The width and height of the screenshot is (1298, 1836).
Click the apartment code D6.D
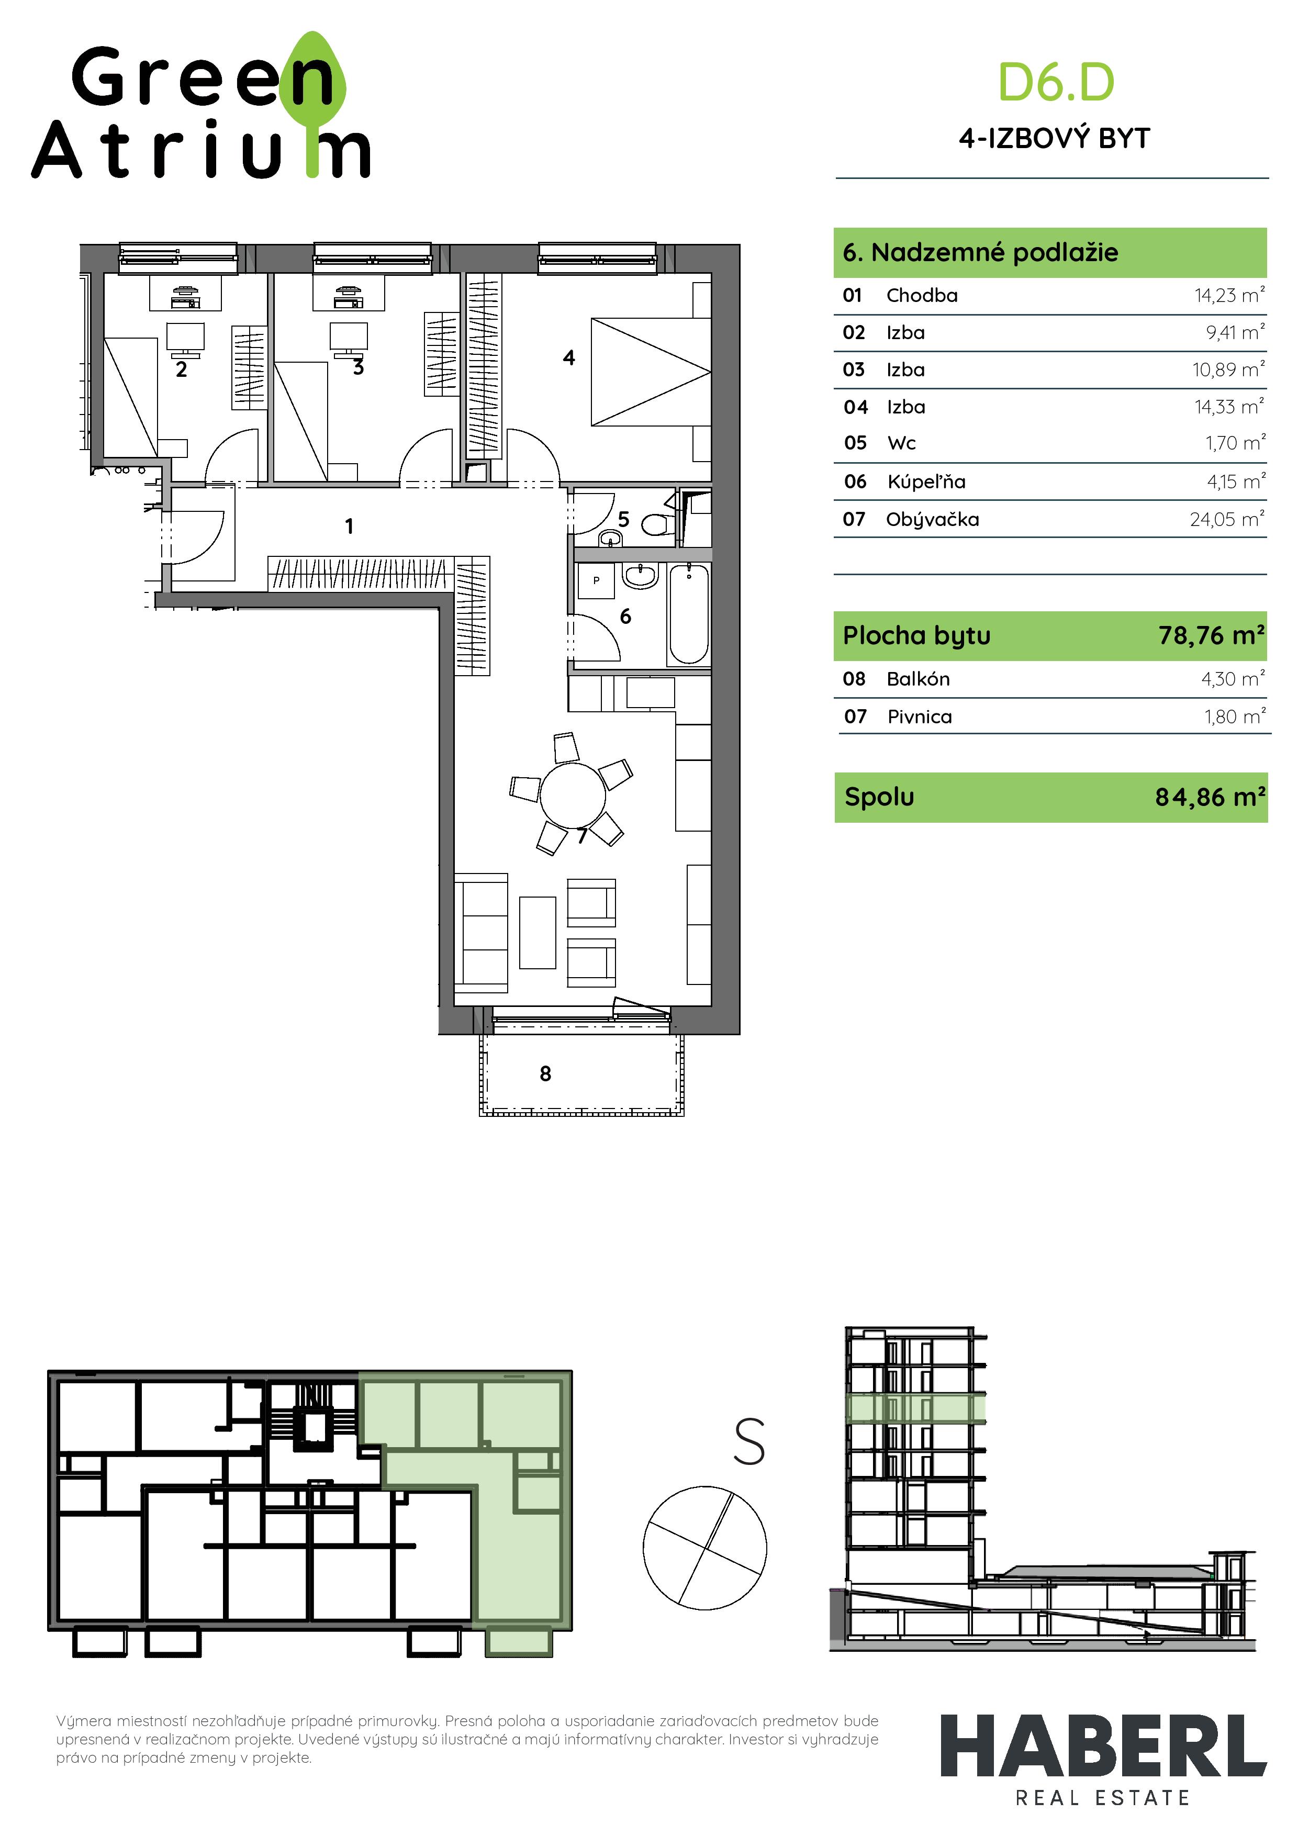coord(1056,83)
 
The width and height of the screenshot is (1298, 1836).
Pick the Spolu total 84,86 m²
coord(1209,797)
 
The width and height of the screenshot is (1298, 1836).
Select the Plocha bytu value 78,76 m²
coord(1211,636)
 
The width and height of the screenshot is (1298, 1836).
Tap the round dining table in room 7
coord(573,796)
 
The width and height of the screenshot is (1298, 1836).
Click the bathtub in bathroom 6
coord(689,613)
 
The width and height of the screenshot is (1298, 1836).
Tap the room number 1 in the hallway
coord(349,526)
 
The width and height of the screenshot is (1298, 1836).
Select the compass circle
coord(704,1548)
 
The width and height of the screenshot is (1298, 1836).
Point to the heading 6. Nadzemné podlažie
coord(980,253)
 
